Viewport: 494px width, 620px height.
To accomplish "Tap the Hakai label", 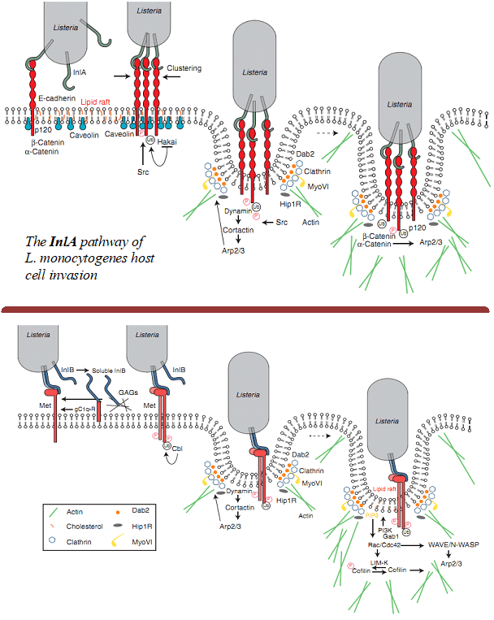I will (167, 141).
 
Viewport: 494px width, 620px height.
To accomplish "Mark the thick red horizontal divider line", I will (247, 309).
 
